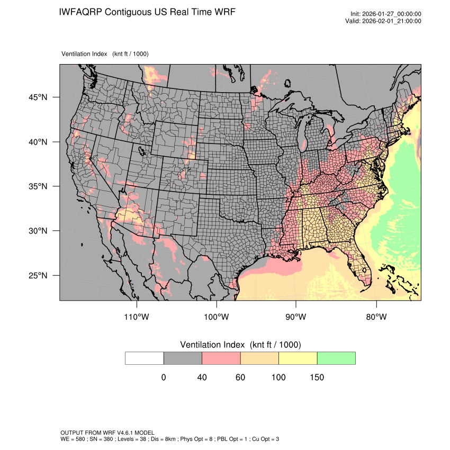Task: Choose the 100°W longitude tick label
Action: coord(217,317)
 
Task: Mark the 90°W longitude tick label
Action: coord(296,317)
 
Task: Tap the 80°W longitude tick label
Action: coord(376,317)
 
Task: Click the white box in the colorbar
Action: coord(145,358)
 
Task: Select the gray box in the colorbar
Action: coord(183,358)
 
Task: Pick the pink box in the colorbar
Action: coord(221,358)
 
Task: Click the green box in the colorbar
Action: coord(336,358)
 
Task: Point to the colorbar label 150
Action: coord(317,377)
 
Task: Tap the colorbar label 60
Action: coord(240,377)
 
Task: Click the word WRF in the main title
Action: coord(223,12)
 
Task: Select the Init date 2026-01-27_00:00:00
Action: coord(391,14)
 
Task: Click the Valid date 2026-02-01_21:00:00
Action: coord(391,21)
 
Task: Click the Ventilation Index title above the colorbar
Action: coord(240,345)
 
